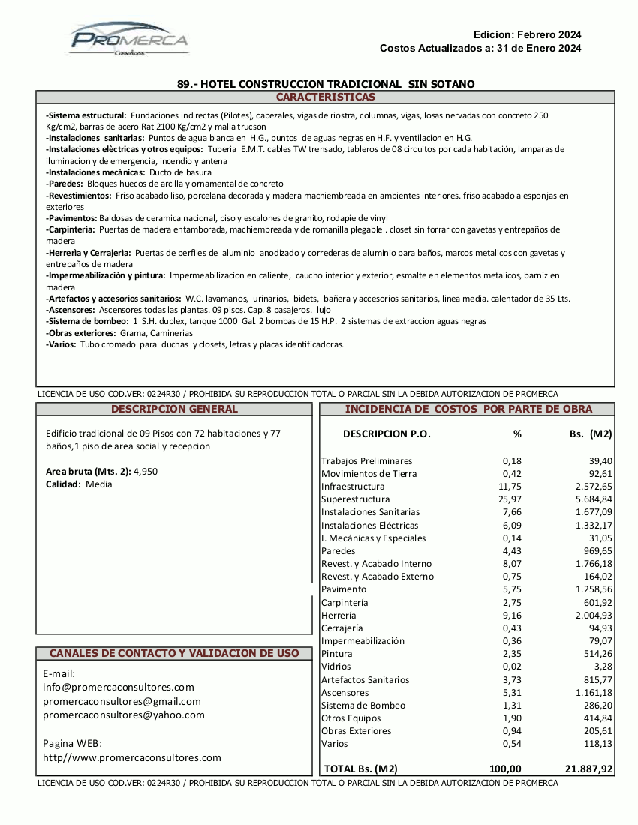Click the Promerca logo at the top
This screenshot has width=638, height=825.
pos(129,39)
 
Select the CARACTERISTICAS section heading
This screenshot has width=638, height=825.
pos(325,97)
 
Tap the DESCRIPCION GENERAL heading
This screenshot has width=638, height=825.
pos(174,409)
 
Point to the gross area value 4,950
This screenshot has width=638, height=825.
pos(145,471)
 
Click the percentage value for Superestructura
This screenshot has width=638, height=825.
pos(510,499)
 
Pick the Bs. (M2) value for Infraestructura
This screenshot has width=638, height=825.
pos(589,487)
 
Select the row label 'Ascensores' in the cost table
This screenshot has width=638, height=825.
pos(345,692)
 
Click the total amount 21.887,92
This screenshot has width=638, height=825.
pos(588,769)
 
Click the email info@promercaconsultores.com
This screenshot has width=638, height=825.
pos(119,687)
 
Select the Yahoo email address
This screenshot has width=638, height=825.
pos(124,715)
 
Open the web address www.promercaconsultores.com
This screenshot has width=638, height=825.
pos(132,757)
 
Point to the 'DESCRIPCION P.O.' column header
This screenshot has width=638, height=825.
pos(387,433)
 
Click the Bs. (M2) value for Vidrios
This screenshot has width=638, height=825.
pos(602,667)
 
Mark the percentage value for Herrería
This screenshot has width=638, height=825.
pos(510,615)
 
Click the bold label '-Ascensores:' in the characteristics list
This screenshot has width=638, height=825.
pos(71,309)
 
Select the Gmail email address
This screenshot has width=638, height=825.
pos(122,701)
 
